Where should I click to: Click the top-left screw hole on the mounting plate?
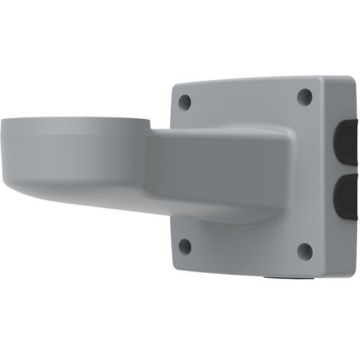point(185,103)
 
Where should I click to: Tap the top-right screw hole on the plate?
point(304,96)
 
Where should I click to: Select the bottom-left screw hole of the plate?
point(185,245)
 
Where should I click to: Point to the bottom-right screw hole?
point(304,249)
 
